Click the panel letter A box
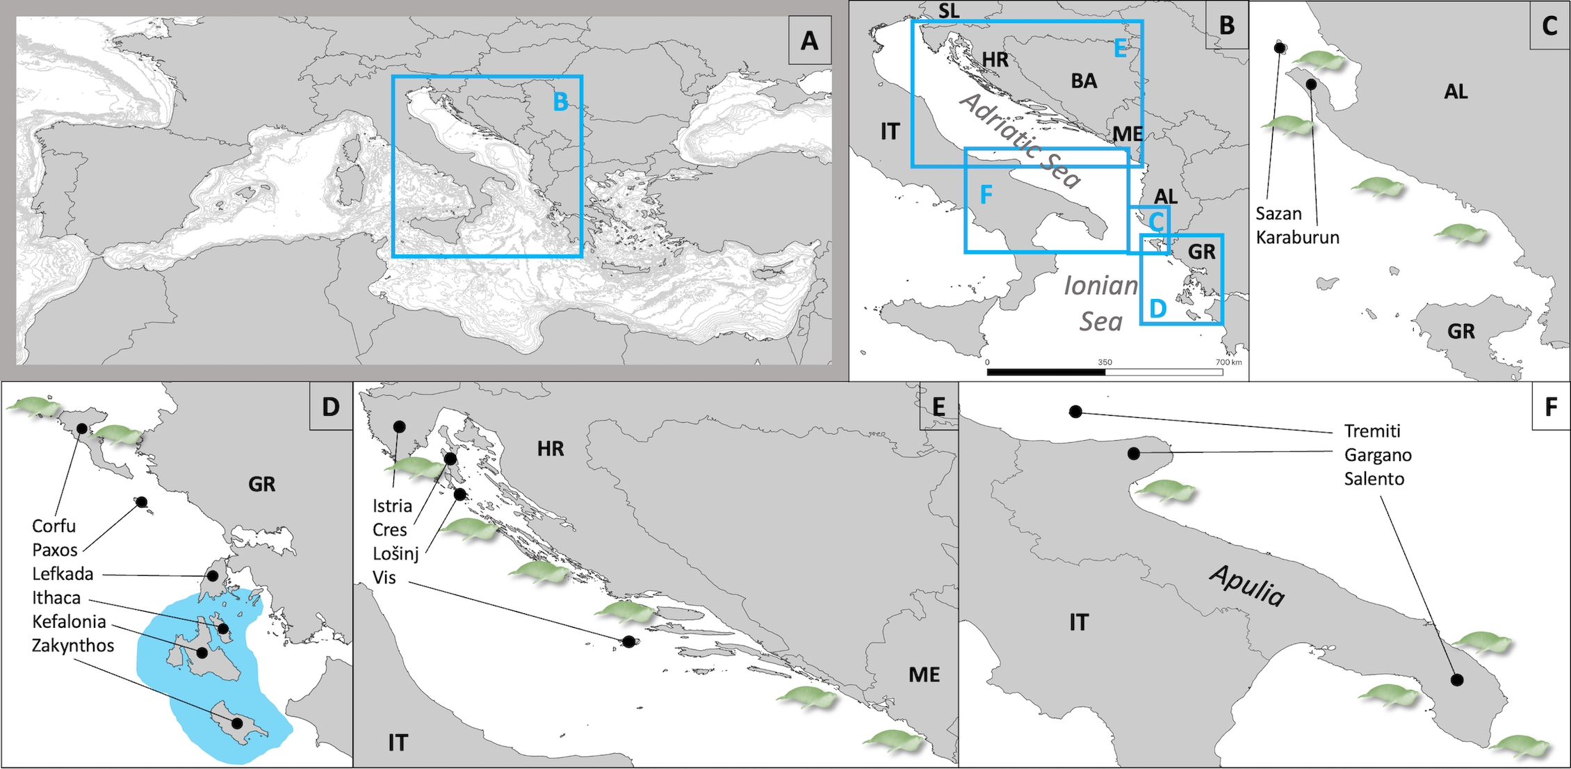tap(810, 41)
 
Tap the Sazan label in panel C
tap(1278, 213)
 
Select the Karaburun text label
tap(1297, 237)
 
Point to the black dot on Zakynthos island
tap(237, 723)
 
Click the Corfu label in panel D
tap(54, 526)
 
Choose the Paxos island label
tap(55, 550)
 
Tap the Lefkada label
tap(63, 574)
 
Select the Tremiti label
tap(1372, 431)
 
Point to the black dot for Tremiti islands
tap(1075, 412)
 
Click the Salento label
tap(1374, 479)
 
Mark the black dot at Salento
tap(1456, 680)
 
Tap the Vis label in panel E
tap(384, 577)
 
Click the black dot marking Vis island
tap(628, 642)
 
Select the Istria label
tap(392, 505)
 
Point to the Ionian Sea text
tap(1101, 304)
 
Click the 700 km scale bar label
tap(1228, 362)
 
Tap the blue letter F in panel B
tap(986, 195)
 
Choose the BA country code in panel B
tap(1084, 81)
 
